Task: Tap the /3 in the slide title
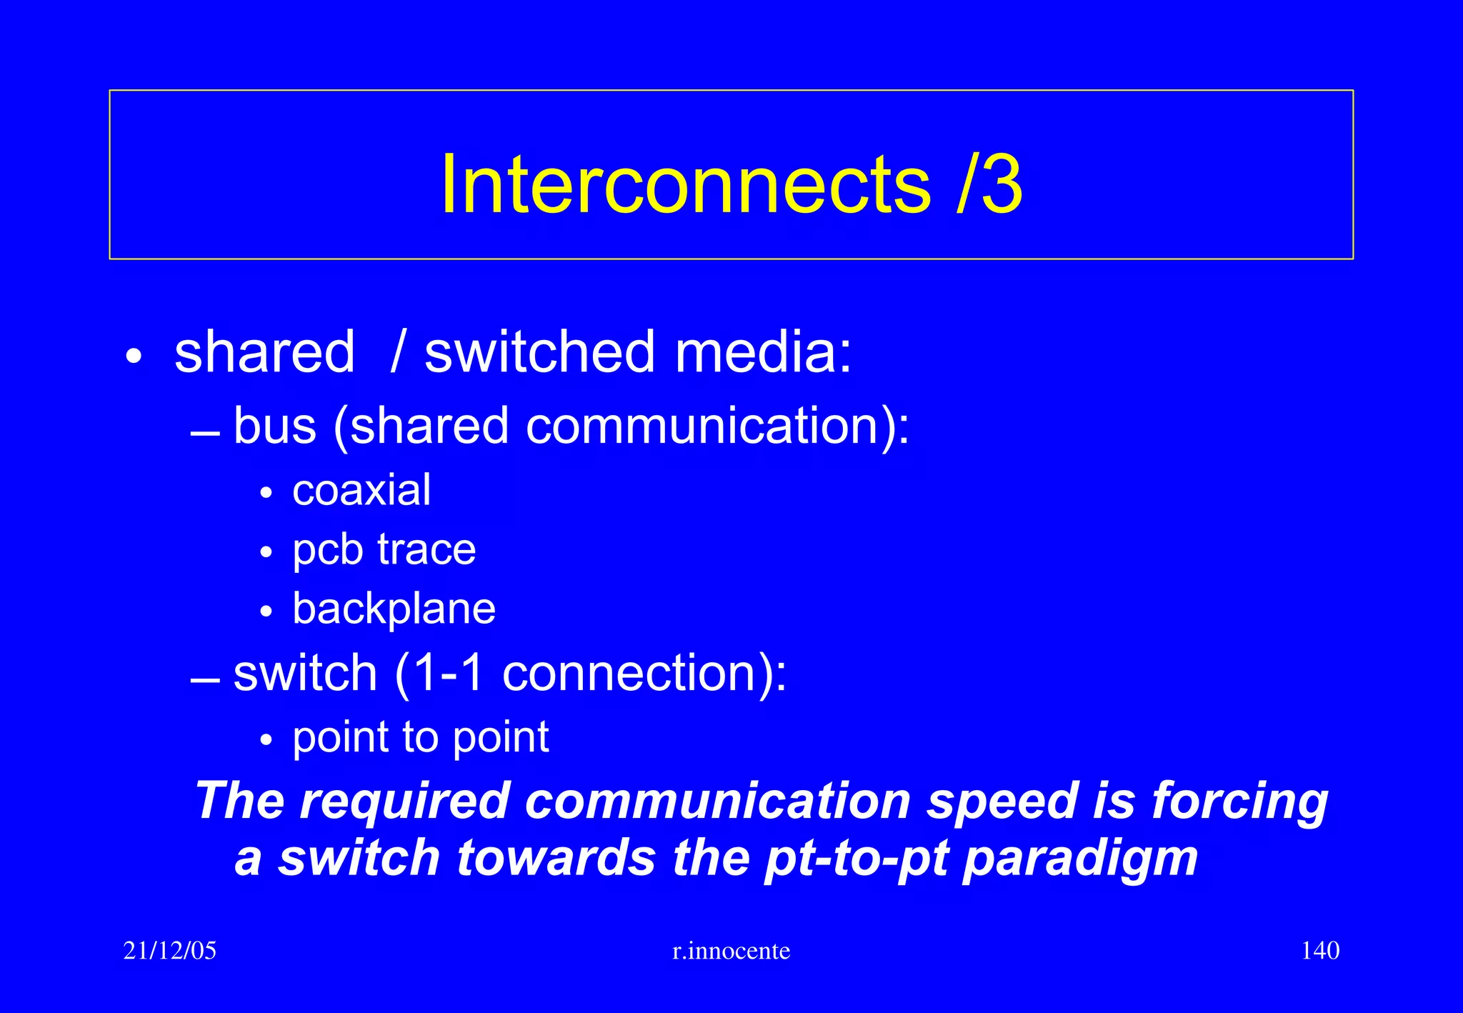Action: (989, 184)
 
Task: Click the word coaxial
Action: (361, 490)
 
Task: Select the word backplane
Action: (394, 609)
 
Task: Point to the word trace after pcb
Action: (426, 550)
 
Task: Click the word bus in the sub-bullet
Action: (275, 426)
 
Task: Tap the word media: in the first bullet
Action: (763, 352)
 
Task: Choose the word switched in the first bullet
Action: (539, 352)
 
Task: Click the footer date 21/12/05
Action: (169, 951)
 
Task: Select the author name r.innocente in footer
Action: (731, 951)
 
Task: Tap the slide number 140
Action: (1320, 951)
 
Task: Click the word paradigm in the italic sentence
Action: (1080, 859)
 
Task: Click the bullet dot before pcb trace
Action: (266, 552)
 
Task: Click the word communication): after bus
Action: (717, 426)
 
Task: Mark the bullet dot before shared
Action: (134, 356)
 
